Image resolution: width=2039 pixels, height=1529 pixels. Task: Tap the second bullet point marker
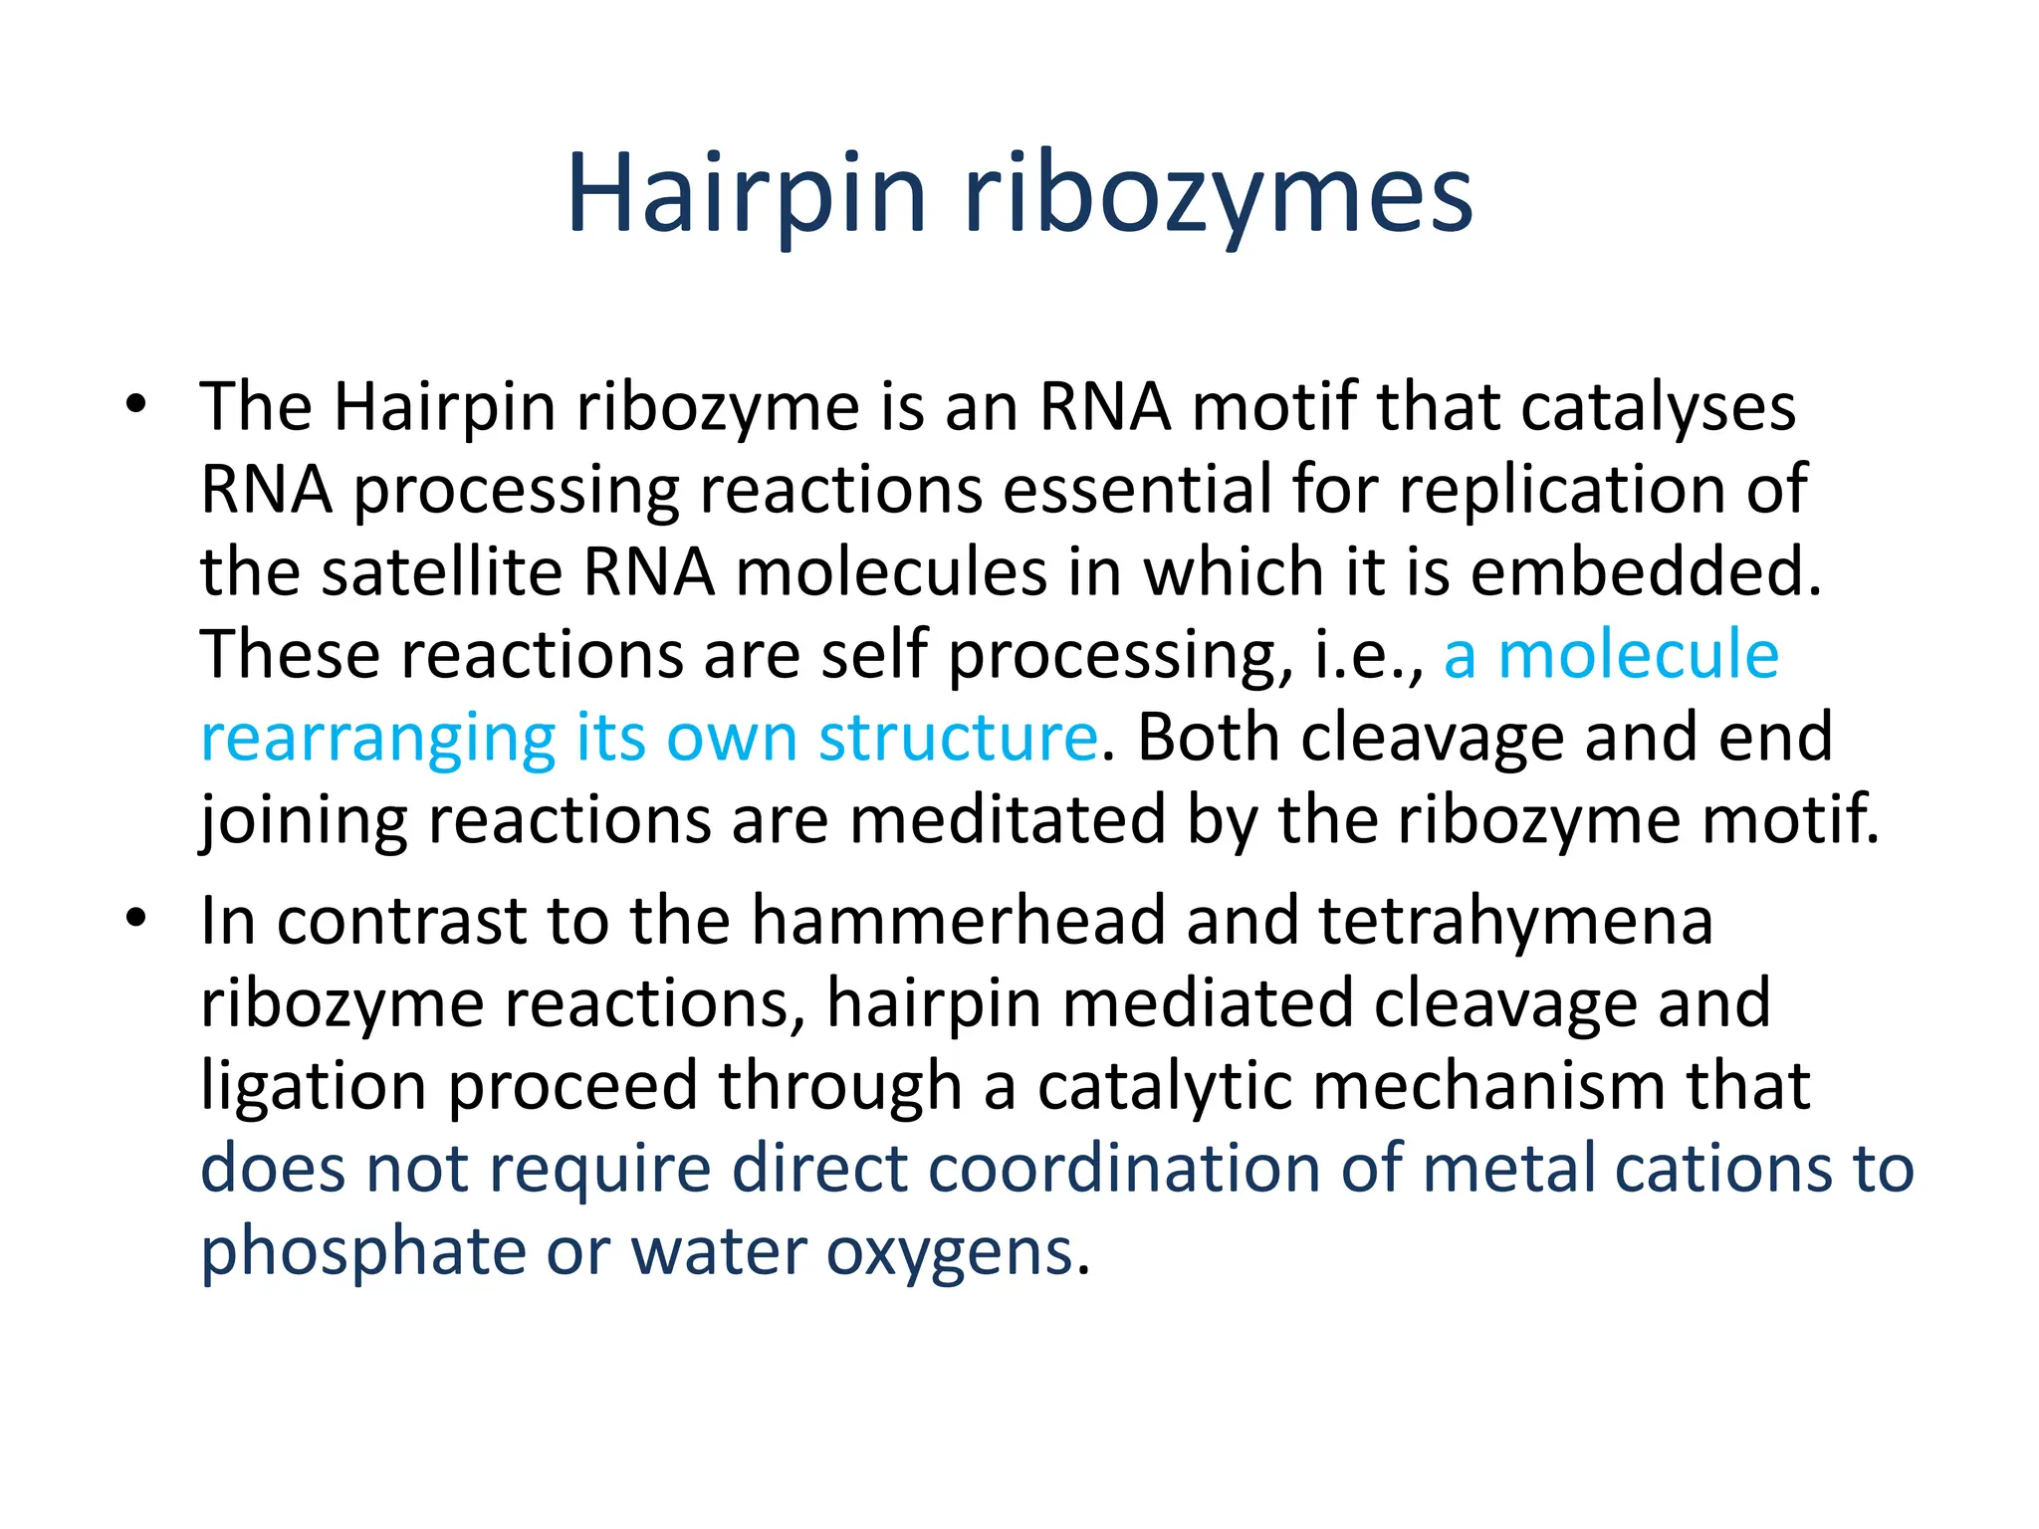pos(136,917)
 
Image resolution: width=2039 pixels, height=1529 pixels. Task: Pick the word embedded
pos(1645,572)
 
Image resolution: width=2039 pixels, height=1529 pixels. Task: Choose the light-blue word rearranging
pos(377,739)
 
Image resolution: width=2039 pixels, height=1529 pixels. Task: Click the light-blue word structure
pos(958,739)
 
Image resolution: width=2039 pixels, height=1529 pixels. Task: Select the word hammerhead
pos(958,920)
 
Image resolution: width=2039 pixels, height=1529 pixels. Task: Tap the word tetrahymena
pos(1515,920)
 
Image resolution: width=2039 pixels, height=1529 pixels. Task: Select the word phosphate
pos(363,1251)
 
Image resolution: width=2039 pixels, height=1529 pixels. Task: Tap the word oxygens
pos(951,1251)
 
